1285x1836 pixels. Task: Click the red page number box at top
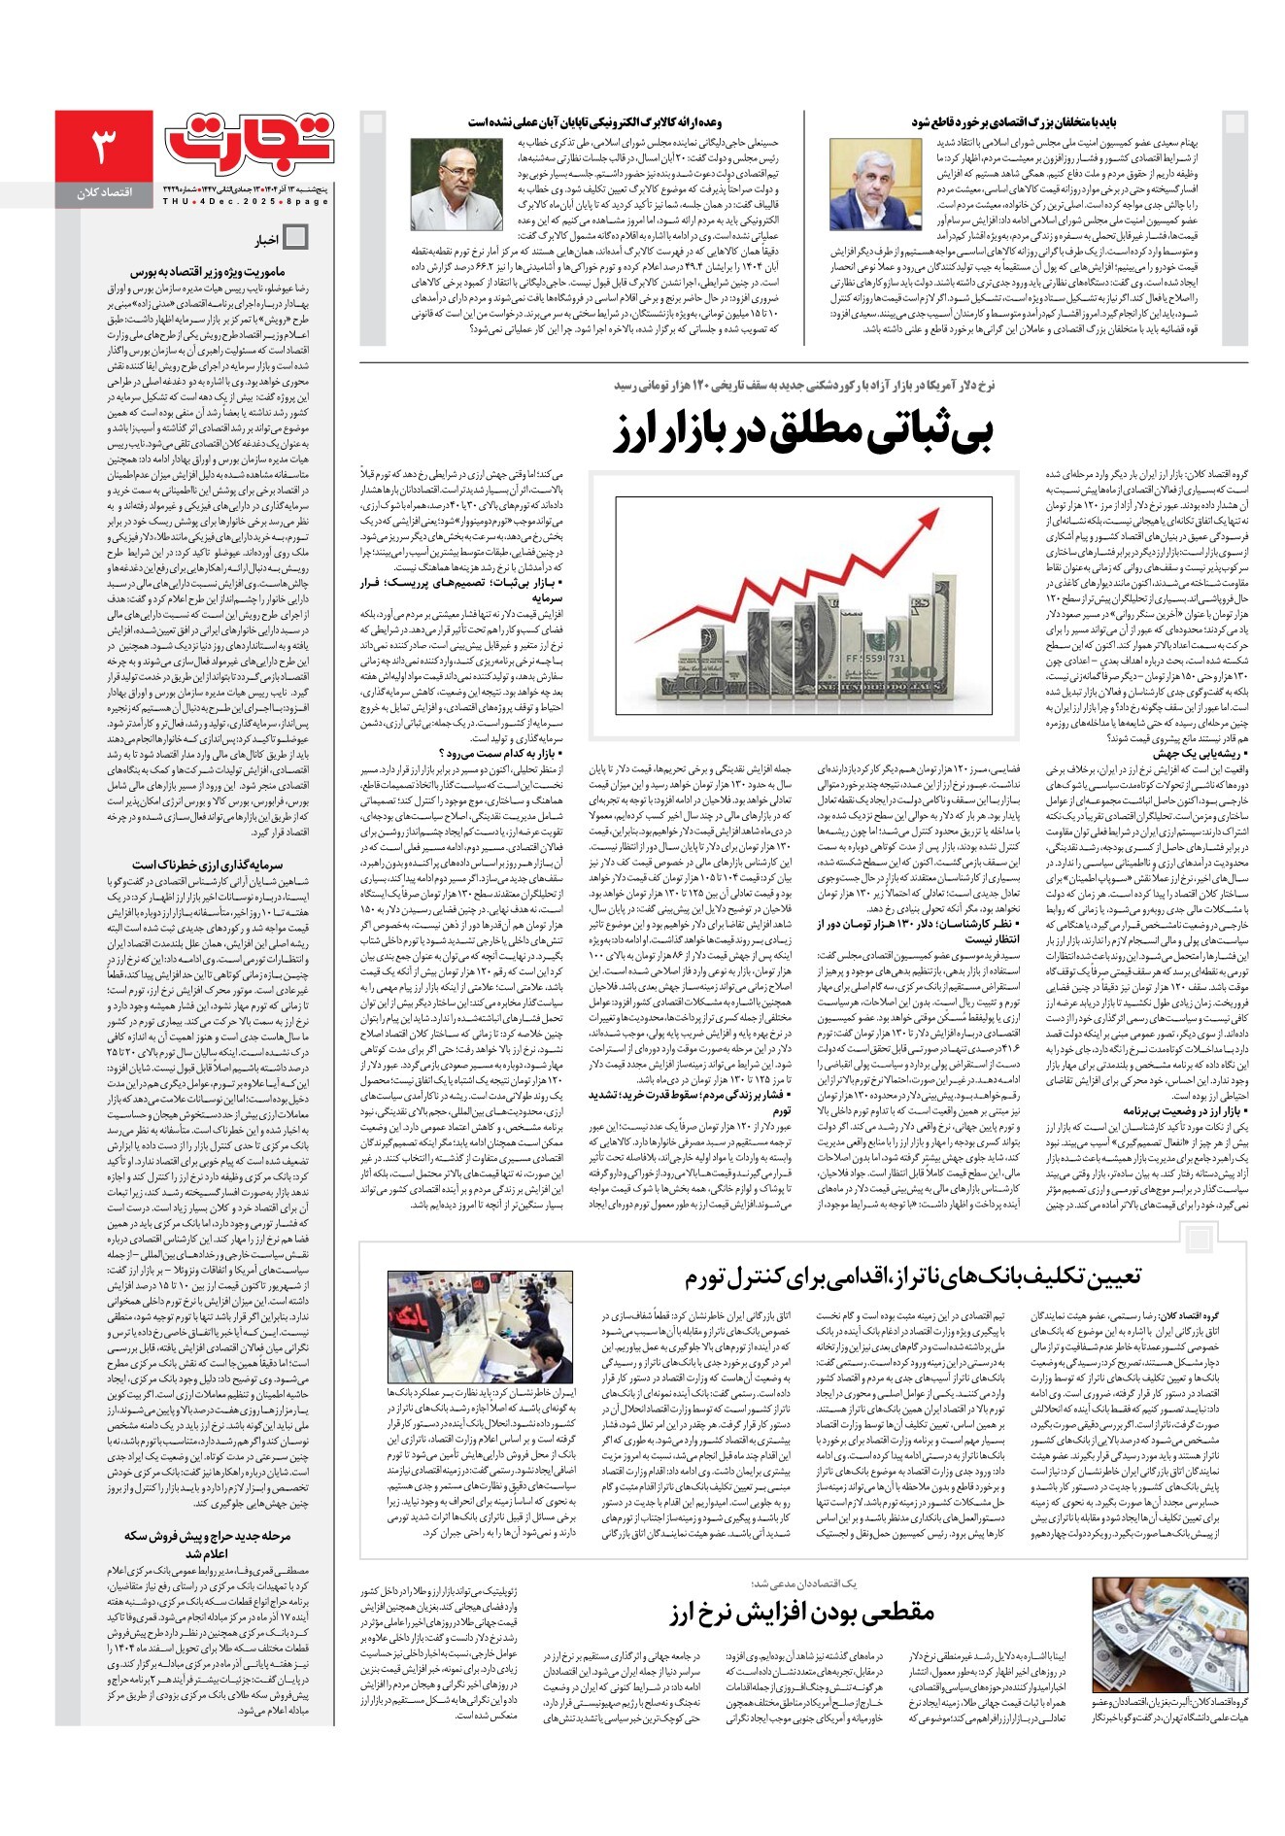(104, 145)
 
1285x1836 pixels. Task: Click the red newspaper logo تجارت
(250, 142)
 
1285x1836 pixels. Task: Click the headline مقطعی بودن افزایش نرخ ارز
(801, 1613)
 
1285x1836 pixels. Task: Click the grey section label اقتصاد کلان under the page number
(104, 193)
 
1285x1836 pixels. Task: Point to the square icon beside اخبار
(294, 238)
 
